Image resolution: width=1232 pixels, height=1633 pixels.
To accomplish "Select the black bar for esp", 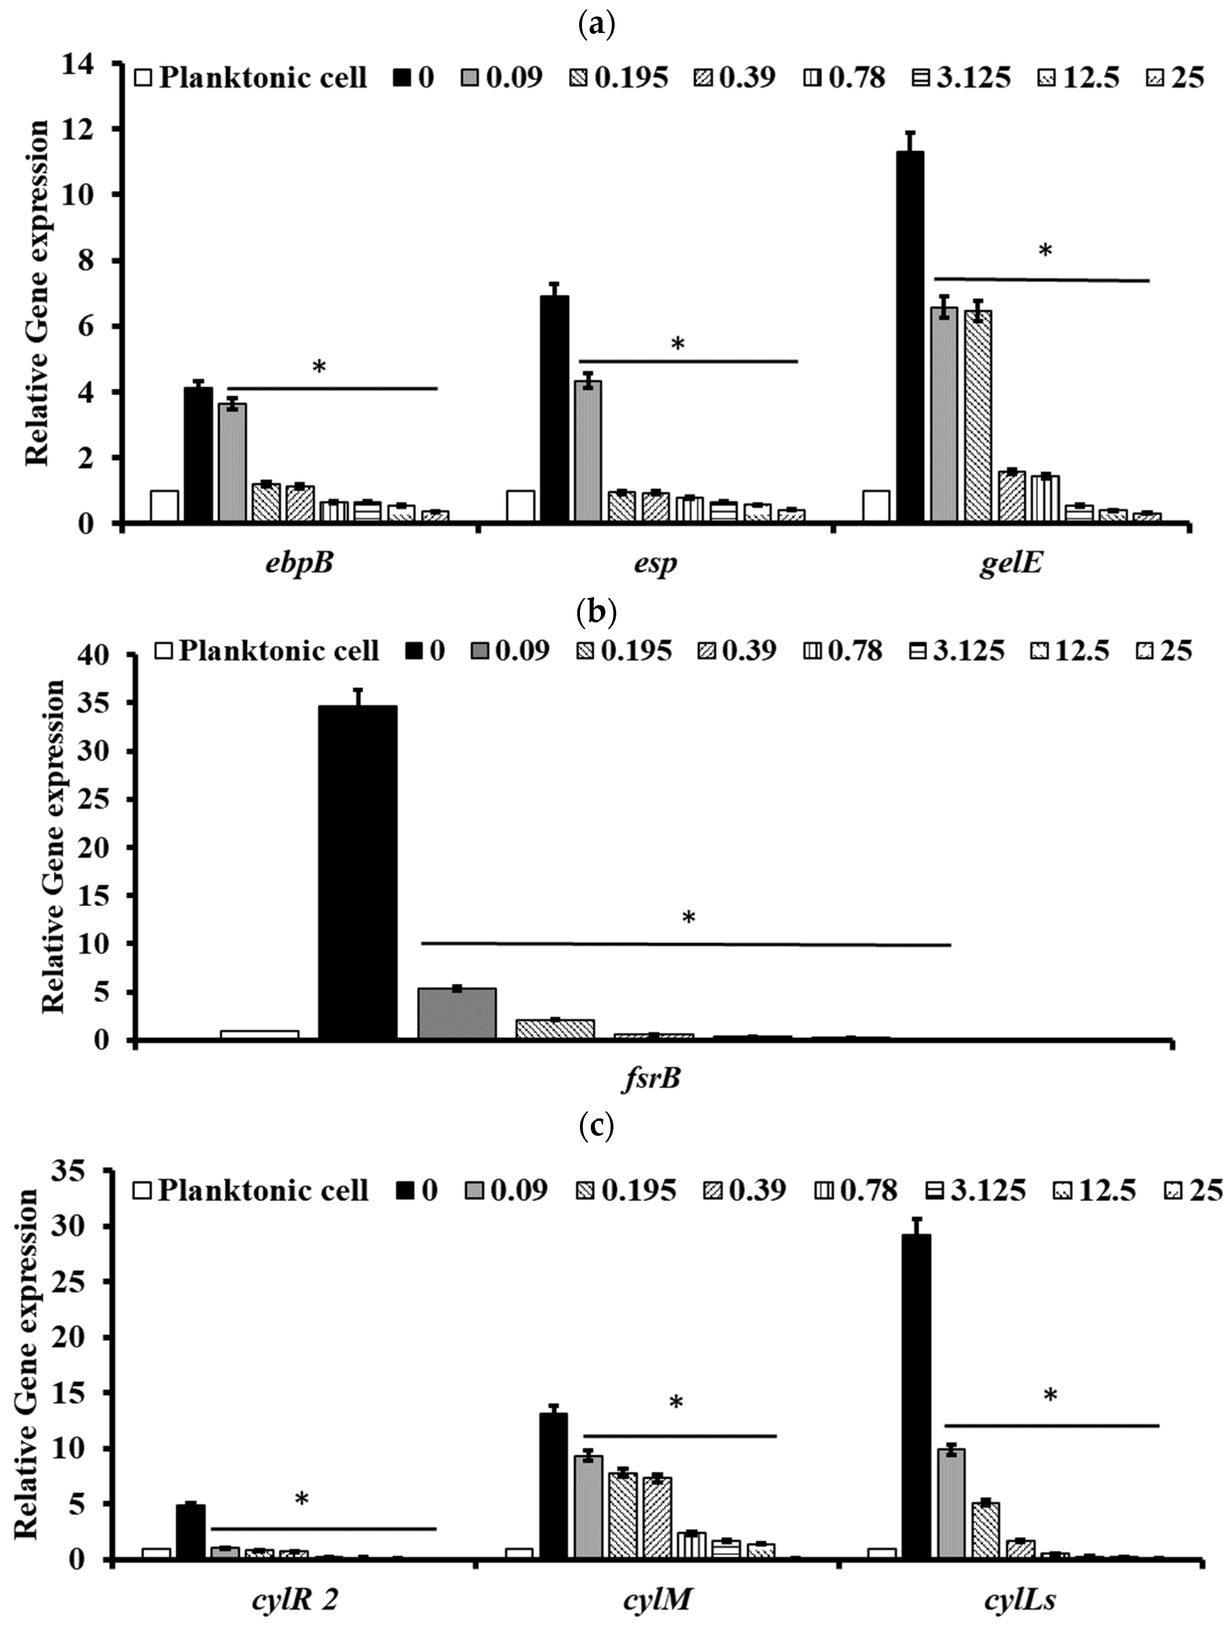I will [x=554, y=409].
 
